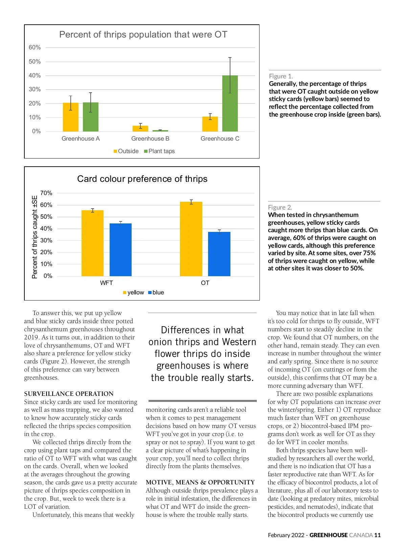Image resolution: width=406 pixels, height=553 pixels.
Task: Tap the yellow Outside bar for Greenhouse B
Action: tap(140, 128)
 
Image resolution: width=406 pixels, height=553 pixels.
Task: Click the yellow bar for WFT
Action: tap(92, 243)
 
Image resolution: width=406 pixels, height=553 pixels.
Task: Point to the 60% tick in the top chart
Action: tap(35, 48)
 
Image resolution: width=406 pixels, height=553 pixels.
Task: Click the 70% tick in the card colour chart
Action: tap(46, 193)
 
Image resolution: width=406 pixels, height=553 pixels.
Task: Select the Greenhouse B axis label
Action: tap(150, 139)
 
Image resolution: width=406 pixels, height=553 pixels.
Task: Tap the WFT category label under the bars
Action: tap(106, 283)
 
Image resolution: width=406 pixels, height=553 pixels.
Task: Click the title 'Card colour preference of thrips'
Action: tap(142, 179)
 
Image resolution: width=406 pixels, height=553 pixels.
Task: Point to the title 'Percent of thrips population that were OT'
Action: tap(143, 34)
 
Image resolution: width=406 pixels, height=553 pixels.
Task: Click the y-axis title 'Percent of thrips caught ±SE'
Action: tap(35, 237)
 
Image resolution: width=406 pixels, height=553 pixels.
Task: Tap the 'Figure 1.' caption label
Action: tap(281, 76)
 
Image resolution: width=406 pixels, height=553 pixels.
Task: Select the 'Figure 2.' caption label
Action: tap(280, 207)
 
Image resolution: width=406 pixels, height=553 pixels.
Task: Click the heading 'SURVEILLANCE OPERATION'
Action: tap(69, 394)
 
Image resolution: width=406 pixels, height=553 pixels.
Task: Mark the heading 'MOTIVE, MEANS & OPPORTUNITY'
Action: tap(200, 482)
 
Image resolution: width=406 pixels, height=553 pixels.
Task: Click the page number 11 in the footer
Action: tap(378, 535)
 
